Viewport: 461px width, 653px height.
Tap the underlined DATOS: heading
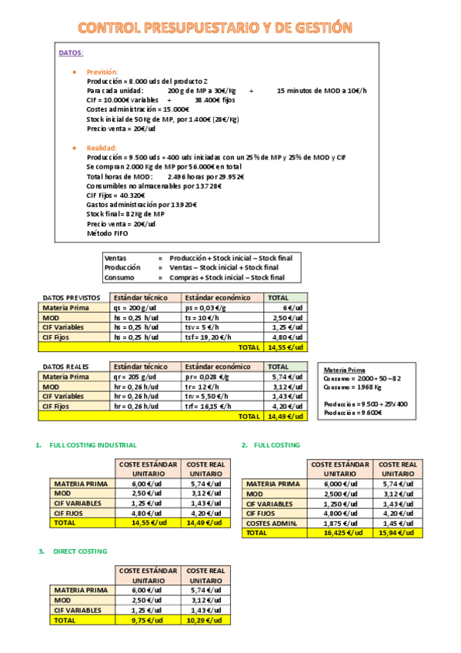72,53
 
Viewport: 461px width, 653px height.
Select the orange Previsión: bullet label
102,72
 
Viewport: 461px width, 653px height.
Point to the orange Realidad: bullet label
102,147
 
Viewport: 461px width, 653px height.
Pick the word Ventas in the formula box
115,258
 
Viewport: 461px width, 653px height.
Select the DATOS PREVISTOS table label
72,297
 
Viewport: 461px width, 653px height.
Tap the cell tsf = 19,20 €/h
209,337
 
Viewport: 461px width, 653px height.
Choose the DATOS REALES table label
66,367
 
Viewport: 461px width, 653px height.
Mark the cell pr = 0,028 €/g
207,377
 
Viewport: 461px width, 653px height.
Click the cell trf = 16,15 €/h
208,406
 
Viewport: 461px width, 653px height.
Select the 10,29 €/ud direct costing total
205,620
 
